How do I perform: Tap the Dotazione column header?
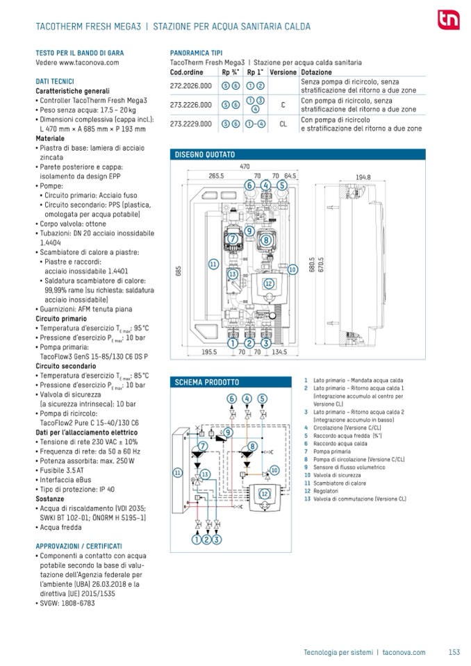point(317,72)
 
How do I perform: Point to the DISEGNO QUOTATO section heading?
point(205,153)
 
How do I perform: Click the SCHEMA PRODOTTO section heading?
point(207,382)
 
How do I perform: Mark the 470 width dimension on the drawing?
point(245,167)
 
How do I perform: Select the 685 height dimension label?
point(178,272)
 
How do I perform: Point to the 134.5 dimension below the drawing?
point(280,352)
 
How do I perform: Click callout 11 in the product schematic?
point(178,472)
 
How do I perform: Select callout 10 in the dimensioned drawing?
point(292,268)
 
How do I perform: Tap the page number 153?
point(454,652)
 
